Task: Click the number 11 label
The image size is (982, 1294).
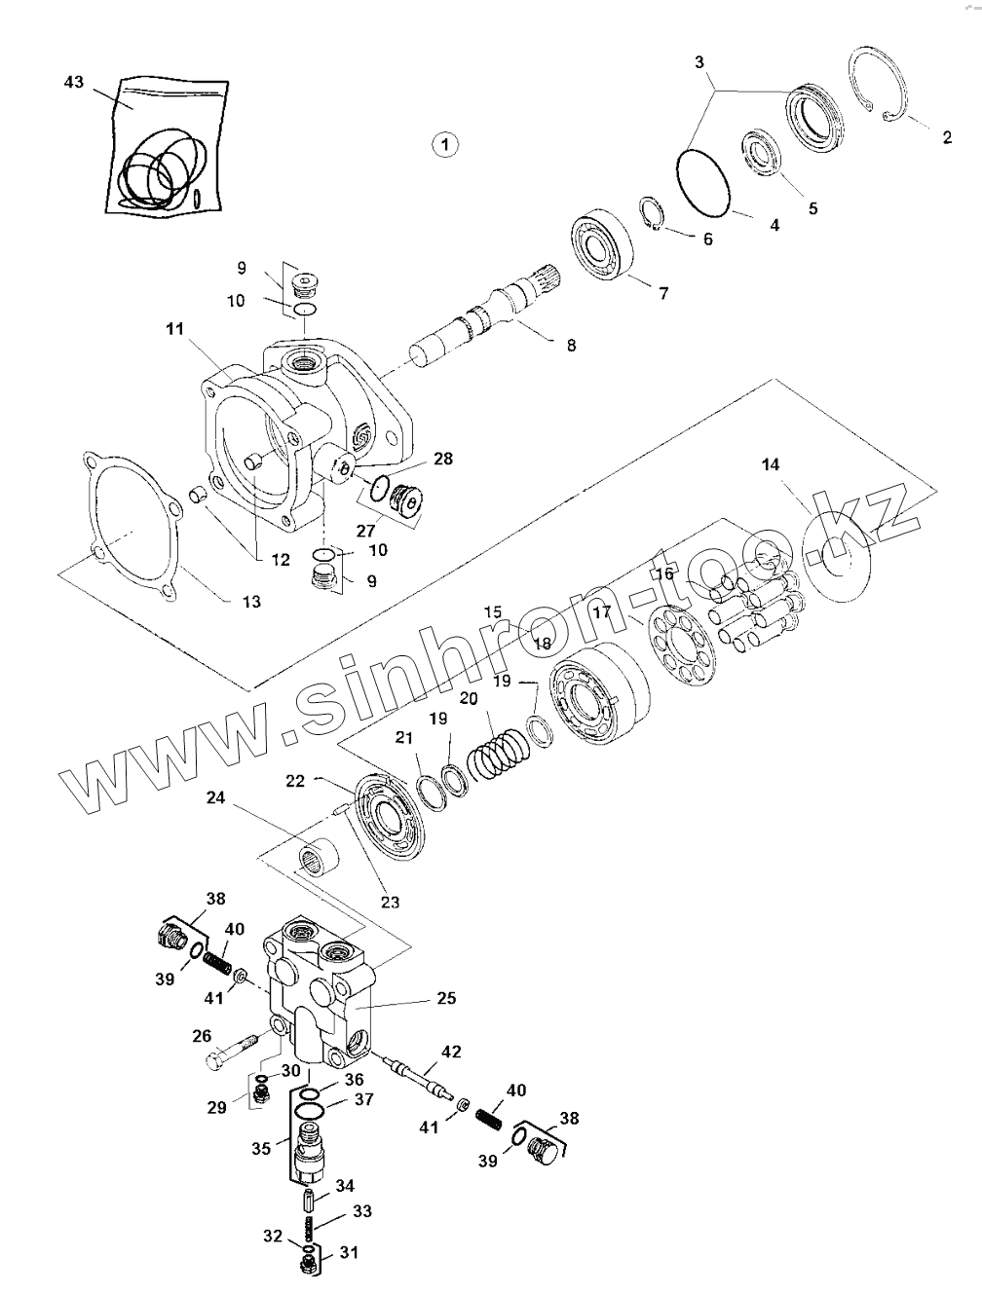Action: click(174, 330)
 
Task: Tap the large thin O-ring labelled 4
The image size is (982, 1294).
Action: click(703, 181)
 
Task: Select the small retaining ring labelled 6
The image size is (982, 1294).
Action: click(655, 215)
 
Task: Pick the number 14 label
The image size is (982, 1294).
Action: click(771, 465)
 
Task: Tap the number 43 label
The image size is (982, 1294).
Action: click(74, 83)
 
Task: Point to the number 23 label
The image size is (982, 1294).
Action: click(390, 903)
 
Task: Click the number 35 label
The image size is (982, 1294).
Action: click(261, 1148)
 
